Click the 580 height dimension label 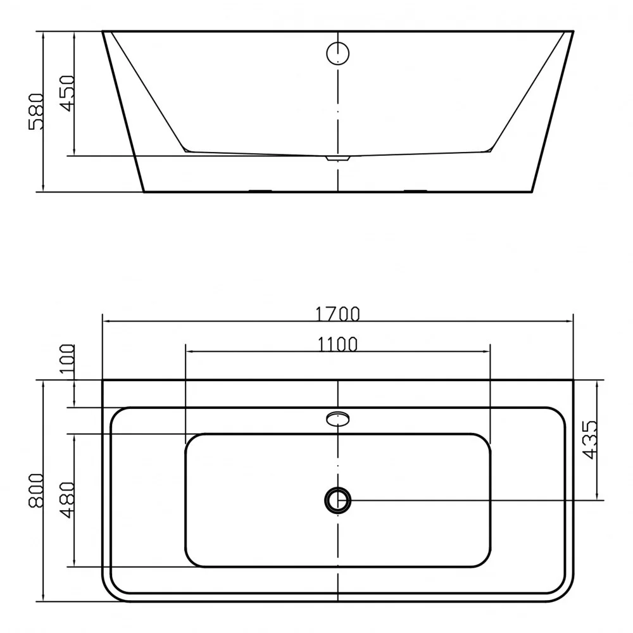coord(36,111)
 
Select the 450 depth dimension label coord(68,93)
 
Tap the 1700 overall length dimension coord(337,314)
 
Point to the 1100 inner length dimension coord(337,344)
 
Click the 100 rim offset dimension coord(67,358)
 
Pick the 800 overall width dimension coord(36,491)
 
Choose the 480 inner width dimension coord(68,500)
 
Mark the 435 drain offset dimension coord(590,440)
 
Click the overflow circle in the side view coord(337,53)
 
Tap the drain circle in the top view coord(337,500)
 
